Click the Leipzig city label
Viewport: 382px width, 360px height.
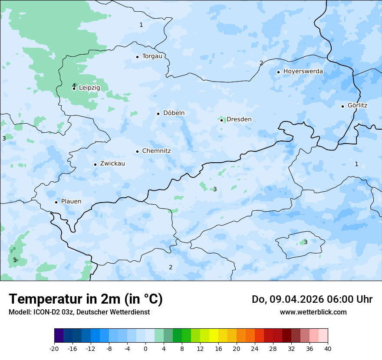[x=89, y=88]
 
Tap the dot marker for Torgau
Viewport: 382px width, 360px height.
[x=137, y=57]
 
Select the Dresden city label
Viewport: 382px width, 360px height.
[x=239, y=119]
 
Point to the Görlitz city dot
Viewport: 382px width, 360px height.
[x=342, y=106]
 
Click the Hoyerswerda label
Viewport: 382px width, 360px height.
[x=303, y=71]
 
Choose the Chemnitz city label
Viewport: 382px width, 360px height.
[x=156, y=151]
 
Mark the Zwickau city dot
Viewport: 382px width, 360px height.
[x=95, y=164]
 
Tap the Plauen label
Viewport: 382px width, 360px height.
[x=71, y=201]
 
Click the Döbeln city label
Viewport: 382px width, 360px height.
[x=174, y=113]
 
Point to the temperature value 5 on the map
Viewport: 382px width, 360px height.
[x=15, y=260]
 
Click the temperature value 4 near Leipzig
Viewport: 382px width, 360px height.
[x=74, y=85]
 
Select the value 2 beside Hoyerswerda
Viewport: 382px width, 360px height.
[x=261, y=63]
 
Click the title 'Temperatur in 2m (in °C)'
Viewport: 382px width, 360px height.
[x=86, y=299]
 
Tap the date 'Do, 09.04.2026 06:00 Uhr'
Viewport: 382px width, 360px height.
[x=312, y=299]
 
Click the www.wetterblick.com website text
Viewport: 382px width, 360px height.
[x=313, y=312]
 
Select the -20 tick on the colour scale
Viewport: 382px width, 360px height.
[x=54, y=348]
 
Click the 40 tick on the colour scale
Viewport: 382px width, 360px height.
[x=328, y=348]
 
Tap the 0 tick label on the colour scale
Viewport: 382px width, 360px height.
[x=145, y=348]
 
